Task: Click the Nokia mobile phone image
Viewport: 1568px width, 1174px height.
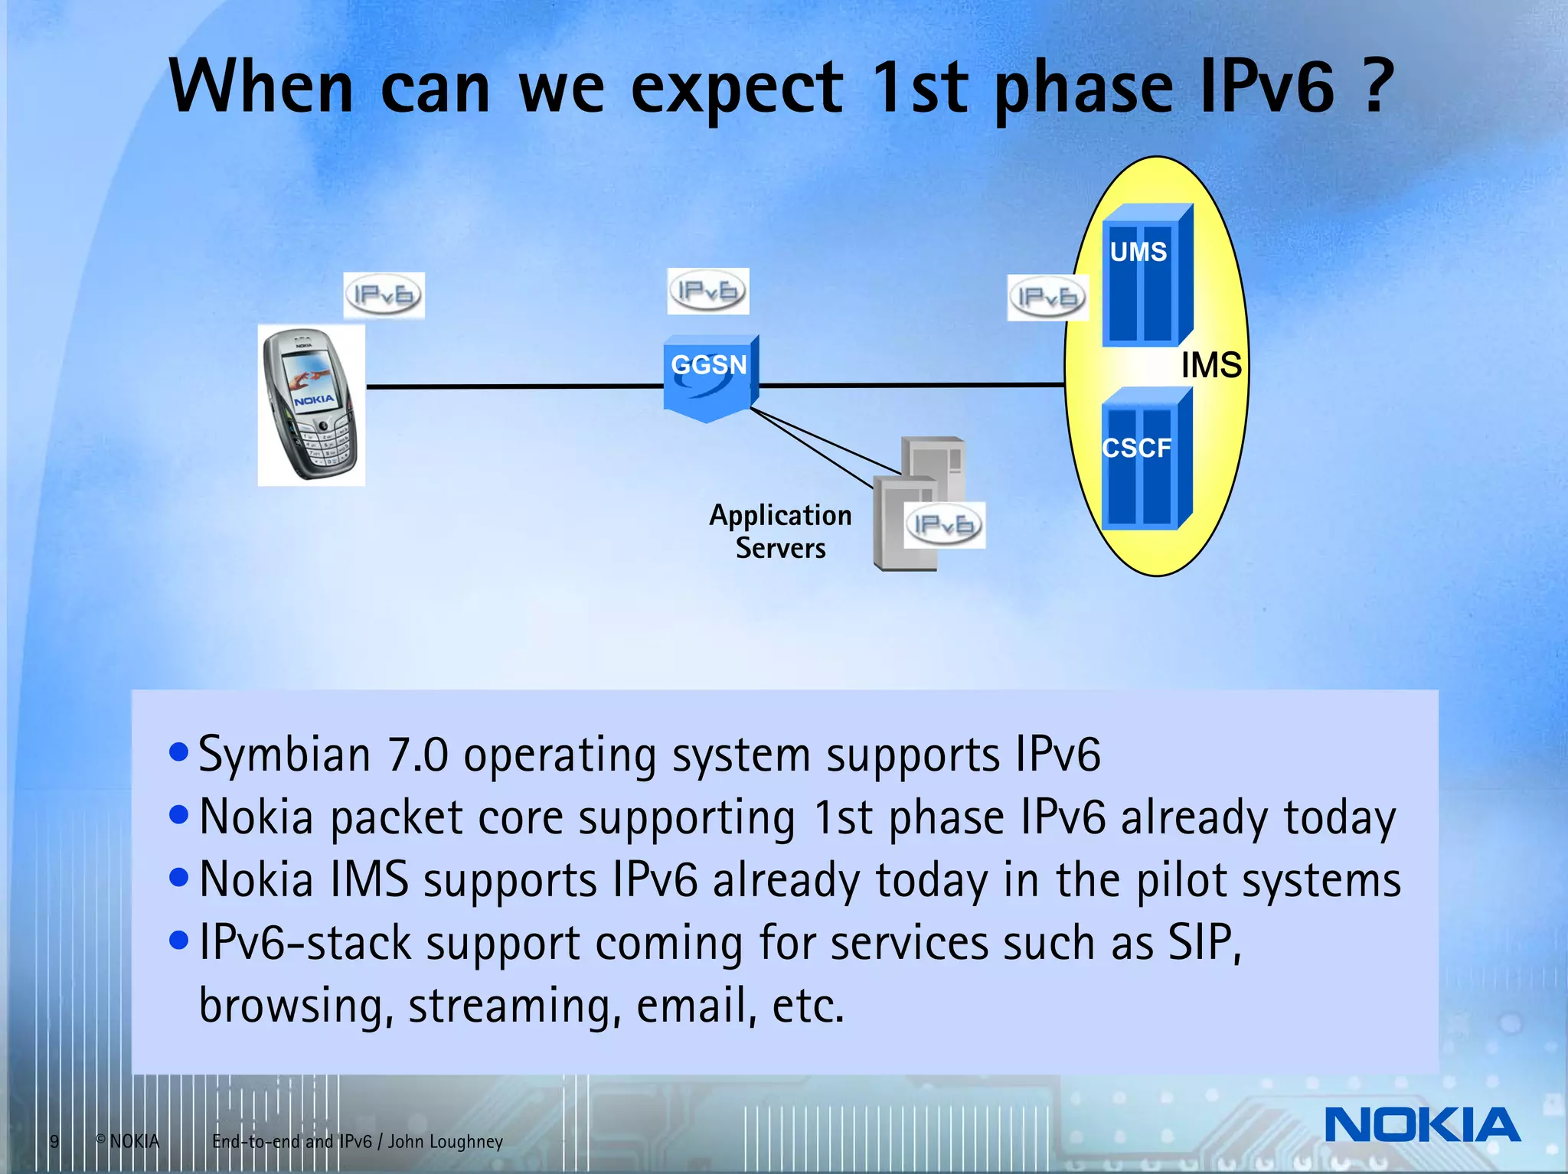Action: coord(311,405)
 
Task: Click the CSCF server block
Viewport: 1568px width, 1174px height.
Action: coord(1145,459)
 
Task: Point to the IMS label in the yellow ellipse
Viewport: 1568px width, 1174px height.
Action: coord(1211,365)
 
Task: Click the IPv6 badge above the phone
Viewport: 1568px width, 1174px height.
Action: coord(384,295)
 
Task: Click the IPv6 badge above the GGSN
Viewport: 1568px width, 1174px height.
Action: coord(708,292)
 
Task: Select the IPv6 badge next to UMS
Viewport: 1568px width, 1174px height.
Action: coord(1047,298)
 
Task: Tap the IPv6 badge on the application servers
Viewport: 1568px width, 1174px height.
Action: coord(944,525)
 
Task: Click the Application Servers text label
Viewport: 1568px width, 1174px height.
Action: coord(780,531)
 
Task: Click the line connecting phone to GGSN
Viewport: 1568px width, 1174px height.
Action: coord(513,386)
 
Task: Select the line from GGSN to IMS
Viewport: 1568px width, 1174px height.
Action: coord(911,385)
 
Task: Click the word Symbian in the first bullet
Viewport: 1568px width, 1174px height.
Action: coord(285,756)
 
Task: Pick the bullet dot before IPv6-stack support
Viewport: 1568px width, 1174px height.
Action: coord(178,940)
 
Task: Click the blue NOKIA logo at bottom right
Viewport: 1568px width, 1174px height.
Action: coord(1422,1125)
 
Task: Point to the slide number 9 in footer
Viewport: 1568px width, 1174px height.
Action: coord(54,1142)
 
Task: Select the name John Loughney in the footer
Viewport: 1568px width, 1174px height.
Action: coord(445,1142)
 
